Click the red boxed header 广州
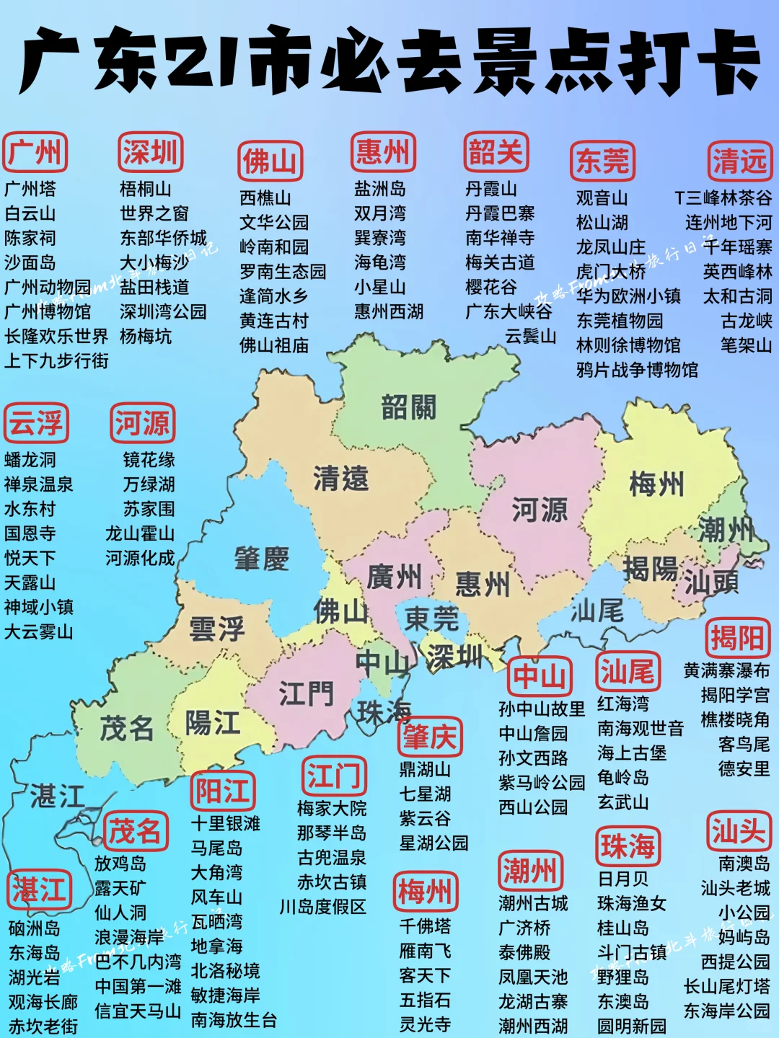coord(35,153)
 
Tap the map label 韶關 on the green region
coord(408,408)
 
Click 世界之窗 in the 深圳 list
coord(154,213)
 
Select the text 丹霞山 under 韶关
coord(491,189)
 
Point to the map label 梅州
coord(656,484)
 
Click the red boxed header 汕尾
coord(627,672)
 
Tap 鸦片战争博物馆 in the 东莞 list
coord(637,370)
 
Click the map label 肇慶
coord(261,559)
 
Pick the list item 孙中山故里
coord(542,709)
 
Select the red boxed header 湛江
coord(39,890)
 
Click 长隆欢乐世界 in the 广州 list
coord(56,336)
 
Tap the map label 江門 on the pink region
coord(306,695)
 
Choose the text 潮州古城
coord(533,903)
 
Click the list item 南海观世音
coord(640,728)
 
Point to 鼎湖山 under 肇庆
coord(425,769)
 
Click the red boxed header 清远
coord(739,161)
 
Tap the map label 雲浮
coord(216,629)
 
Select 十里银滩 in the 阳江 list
coord(225,823)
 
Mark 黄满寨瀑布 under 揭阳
coord(726,670)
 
